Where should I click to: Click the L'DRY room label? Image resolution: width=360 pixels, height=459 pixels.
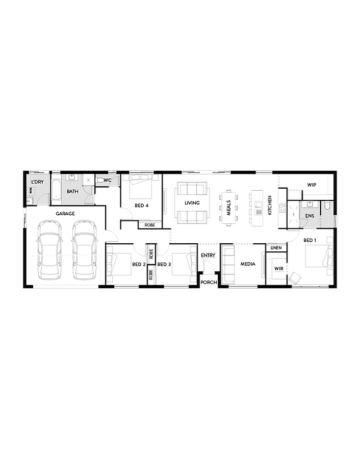click(37, 182)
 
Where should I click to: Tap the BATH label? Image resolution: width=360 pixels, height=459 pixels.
click(72, 192)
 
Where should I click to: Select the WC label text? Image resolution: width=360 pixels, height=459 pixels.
click(108, 180)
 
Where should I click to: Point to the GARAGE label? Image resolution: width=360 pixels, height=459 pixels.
click(65, 214)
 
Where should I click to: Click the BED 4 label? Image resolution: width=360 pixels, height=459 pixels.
click(141, 206)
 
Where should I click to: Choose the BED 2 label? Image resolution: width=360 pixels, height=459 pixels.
click(139, 264)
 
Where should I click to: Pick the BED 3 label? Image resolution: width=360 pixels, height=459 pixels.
click(164, 264)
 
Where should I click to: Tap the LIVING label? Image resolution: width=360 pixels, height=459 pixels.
click(192, 203)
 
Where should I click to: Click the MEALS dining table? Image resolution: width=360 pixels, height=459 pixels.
click(229, 208)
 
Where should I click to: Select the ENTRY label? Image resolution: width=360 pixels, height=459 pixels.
click(209, 255)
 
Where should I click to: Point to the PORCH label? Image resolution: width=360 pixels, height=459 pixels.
click(209, 282)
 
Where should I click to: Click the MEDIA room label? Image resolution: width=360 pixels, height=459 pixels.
click(248, 264)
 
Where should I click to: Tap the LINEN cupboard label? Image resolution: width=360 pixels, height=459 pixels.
click(276, 248)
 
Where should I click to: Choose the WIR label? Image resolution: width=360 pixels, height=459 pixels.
click(279, 268)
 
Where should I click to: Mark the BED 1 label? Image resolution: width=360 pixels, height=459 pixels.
click(310, 240)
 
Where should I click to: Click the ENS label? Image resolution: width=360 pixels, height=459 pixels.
click(310, 216)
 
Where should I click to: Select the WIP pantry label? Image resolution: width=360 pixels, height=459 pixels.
click(312, 185)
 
